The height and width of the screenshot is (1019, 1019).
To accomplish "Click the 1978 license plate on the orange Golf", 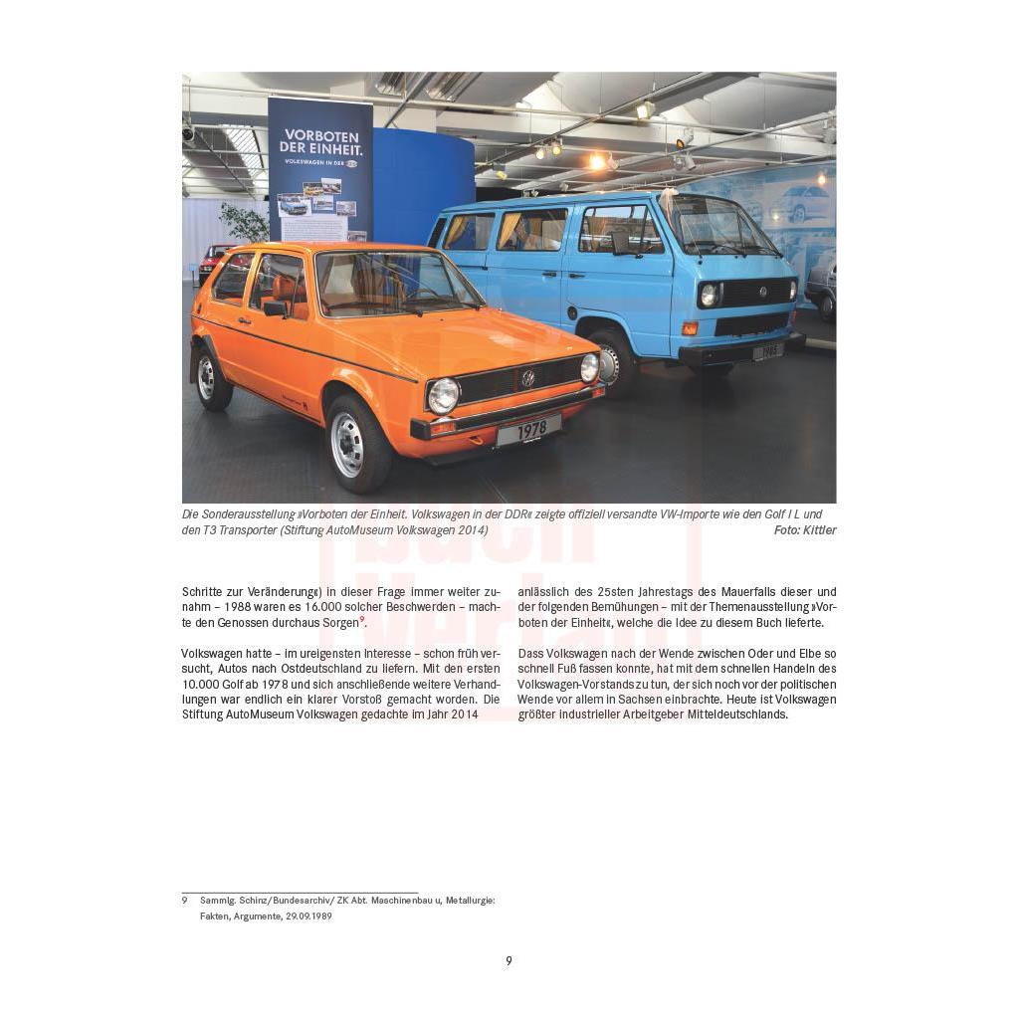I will tap(528, 430).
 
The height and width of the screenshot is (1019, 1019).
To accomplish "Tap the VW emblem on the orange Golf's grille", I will tap(527, 378).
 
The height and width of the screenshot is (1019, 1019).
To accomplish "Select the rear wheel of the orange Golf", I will tap(211, 377).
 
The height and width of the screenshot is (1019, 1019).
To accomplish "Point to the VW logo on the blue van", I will tap(763, 291).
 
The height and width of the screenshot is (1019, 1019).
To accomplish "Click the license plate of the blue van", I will tap(767, 351).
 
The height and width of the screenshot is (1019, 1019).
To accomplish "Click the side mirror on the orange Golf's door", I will tap(275, 307).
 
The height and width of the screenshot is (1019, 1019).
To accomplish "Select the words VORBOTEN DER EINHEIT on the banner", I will tap(320, 140).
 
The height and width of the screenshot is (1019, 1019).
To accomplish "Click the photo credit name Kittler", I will tap(818, 530).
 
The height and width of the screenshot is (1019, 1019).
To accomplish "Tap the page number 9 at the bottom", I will tap(509, 961).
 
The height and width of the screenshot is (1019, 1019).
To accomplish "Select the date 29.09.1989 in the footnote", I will tap(308, 917).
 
